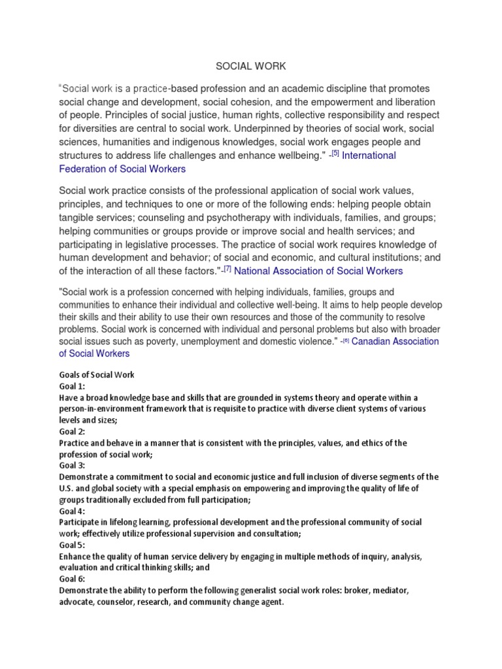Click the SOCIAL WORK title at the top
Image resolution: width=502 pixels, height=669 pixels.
pyautogui.click(x=250, y=66)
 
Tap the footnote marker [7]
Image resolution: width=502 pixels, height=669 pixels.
pyautogui.click(x=228, y=270)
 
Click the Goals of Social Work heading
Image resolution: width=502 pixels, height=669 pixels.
pyautogui.click(x=97, y=375)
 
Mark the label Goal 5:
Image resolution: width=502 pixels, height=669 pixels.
pyautogui.click(x=73, y=546)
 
